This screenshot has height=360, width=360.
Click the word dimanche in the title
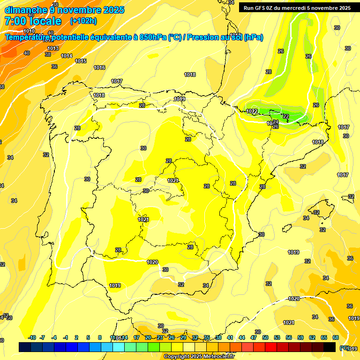25,10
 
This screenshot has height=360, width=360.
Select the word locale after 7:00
45,21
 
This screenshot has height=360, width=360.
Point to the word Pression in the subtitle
204,37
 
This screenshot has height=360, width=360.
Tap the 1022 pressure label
252,111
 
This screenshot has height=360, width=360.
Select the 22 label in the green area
286,116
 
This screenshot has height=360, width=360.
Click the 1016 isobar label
99,67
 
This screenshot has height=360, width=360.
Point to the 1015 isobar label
81,61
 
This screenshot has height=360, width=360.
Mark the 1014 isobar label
67,56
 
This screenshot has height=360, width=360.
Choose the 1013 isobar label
53,48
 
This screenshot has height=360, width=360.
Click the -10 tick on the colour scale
32,337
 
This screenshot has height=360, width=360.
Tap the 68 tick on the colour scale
336,337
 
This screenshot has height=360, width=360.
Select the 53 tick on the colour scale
277,337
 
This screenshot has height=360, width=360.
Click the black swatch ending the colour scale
330,347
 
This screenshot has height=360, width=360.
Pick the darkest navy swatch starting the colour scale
25,347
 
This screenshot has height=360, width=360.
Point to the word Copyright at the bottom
178,357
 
